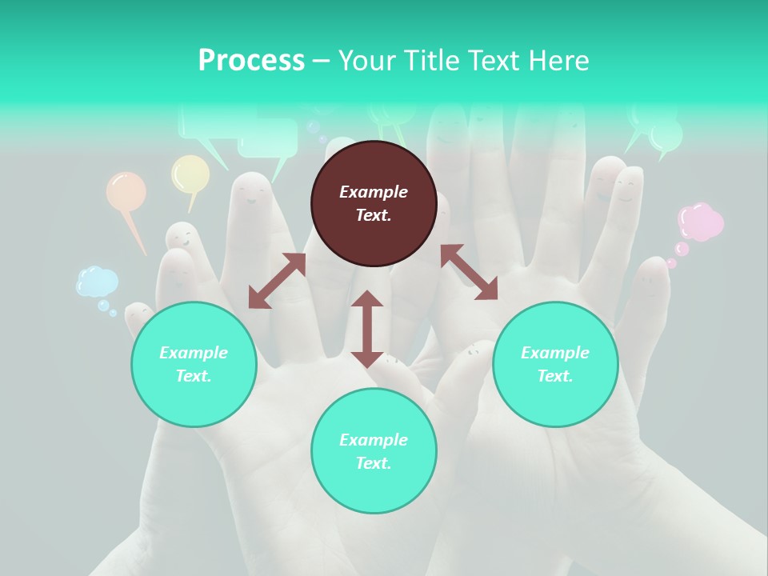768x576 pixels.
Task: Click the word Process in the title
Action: tap(251, 61)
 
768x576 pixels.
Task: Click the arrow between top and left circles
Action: tap(277, 281)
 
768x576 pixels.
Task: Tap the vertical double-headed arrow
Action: tap(367, 329)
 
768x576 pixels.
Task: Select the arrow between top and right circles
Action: tap(469, 272)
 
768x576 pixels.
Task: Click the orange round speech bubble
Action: tap(126, 192)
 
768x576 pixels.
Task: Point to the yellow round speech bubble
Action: tap(190, 174)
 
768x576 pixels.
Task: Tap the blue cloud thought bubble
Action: tap(98, 282)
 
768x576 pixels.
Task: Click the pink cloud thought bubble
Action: tap(700, 222)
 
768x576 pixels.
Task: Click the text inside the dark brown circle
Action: tap(374, 203)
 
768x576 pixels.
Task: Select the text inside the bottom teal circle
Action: tap(374, 451)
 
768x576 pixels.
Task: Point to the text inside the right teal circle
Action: tap(555, 364)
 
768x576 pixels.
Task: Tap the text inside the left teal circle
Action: tap(194, 364)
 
